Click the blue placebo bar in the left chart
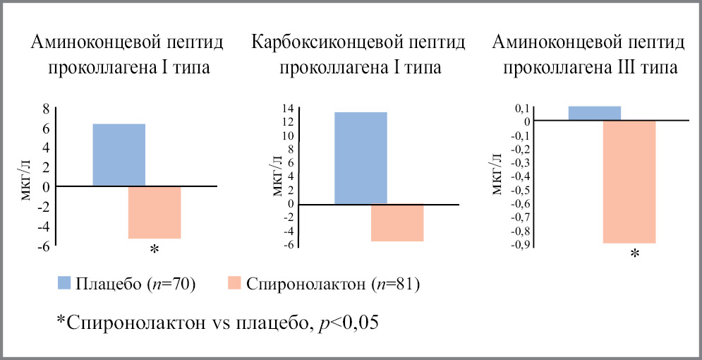click(119, 155)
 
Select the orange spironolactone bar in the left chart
click(155, 212)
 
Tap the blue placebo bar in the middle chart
click(361, 157)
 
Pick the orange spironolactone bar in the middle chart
click(397, 222)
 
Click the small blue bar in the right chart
click(594, 113)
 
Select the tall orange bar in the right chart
click(629, 181)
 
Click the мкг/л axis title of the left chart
click(29, 181)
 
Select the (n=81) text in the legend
click(393, 284)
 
